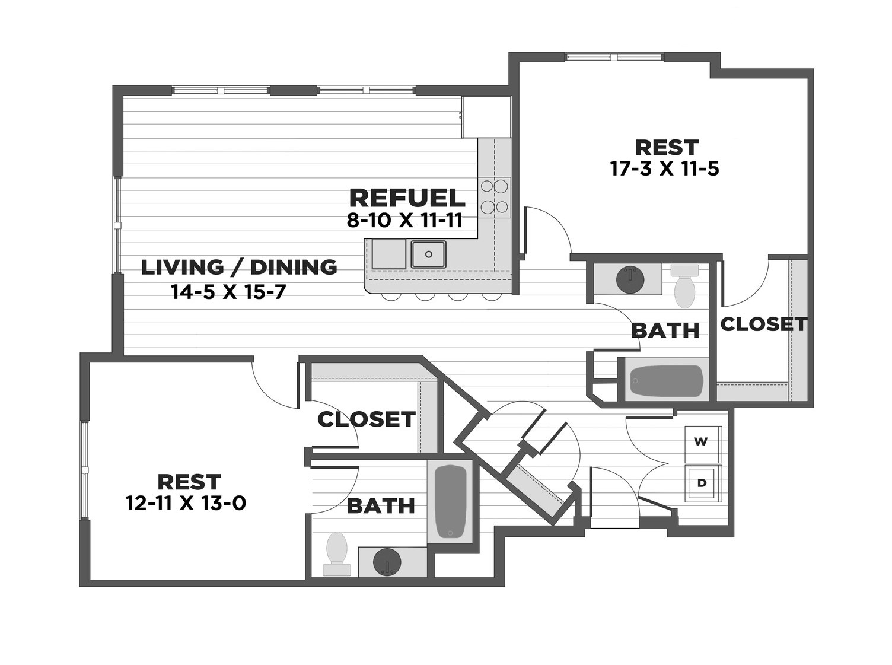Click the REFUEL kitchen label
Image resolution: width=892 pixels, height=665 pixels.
click(407, 198)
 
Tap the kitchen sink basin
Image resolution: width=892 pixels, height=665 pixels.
click(428, 254)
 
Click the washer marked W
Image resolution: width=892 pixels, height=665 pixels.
click(702, 442)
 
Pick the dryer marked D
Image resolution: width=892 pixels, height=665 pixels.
click(702, 483)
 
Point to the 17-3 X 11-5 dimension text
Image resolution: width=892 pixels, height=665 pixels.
click(664, 169)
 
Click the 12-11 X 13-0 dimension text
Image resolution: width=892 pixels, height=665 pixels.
click(186, 504)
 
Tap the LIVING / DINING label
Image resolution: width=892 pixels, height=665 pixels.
click(239, 268)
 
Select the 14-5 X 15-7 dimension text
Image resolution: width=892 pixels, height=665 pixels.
click(228, 292)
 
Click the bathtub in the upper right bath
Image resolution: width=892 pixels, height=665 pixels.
click(666, 381)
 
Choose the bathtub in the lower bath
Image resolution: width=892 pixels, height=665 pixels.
click(450, 501)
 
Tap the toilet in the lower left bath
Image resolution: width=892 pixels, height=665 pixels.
click(337, 553)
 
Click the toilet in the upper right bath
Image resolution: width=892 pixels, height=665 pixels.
click(684, 287)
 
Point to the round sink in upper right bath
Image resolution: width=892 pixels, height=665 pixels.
click(630, 279)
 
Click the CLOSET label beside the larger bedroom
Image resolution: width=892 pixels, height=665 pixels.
click(763, 324)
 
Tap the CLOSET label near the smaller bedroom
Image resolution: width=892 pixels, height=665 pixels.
click(366, 419)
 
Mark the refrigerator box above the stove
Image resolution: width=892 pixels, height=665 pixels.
click(486, 117)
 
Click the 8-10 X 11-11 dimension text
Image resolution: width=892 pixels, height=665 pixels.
click(404, 221)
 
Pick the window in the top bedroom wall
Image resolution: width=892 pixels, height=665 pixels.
click(613, 58)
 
